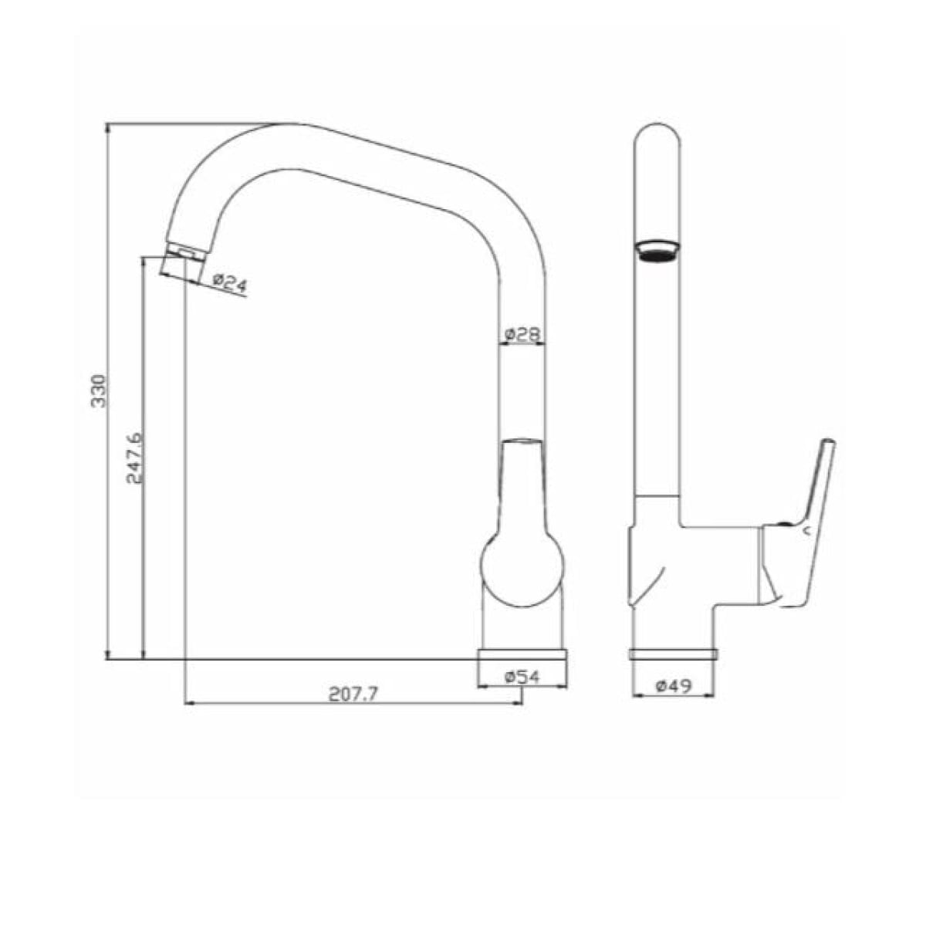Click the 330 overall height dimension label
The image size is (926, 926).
tap(98, 391)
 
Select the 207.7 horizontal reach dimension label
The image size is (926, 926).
tap(353, 694)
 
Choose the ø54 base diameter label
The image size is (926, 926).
tap(522, 677)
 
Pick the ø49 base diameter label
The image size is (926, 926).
tap(674, 686)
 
